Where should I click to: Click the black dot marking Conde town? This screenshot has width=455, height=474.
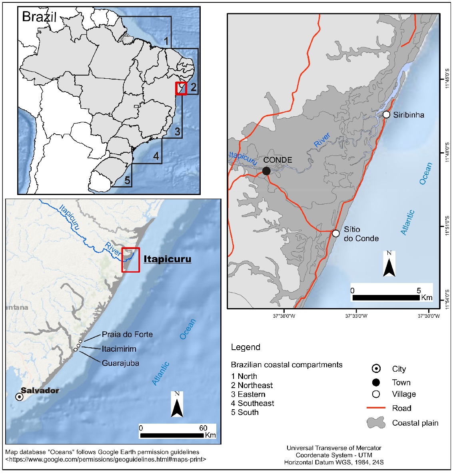(x=266, y=171)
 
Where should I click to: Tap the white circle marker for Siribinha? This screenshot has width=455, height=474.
(x=386, y=115)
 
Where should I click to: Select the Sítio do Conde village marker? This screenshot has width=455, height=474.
(x=336, y=233)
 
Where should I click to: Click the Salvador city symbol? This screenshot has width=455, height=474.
(x=19, y=396)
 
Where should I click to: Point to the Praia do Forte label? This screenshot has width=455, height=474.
(x=127, y=334)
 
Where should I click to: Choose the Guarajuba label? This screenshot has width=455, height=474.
(x=120, y=363)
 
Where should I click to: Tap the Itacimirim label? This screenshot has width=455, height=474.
(x=119, y=349)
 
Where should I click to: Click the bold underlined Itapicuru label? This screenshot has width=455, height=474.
(x=168, y=259)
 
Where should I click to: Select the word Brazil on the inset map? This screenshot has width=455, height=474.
(x=39, y=17)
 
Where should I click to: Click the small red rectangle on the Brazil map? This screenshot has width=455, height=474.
(x=181, y=88)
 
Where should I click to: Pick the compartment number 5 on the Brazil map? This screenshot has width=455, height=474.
(x=127, y=180)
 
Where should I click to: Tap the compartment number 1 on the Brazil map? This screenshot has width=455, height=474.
(x=166, y=40)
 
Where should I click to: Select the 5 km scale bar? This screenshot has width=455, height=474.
(x=386, y=298)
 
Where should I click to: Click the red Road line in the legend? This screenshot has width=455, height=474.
(x=376, y=408)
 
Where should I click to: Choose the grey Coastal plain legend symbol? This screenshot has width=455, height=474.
(x=376, y=423)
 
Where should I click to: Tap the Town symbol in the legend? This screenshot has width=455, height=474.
(x=376, y=382)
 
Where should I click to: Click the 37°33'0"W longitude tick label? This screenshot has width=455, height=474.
(x=356, y=316)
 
